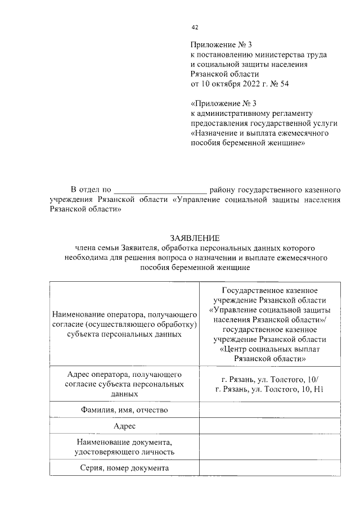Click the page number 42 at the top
click(195, 26)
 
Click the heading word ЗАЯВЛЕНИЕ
click(195, 238)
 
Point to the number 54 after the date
click(283, 84)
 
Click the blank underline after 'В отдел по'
click(161, 190)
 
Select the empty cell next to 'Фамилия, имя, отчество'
click(269, 410)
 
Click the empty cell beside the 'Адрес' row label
click(269, 427)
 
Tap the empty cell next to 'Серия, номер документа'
click(269, 468)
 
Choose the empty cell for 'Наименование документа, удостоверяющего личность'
click(269, 447)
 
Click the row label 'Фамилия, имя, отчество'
click(124, 410)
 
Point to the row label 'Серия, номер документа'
click(124, 468)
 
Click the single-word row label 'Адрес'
click(124, 427)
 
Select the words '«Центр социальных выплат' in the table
click(269, 349)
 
